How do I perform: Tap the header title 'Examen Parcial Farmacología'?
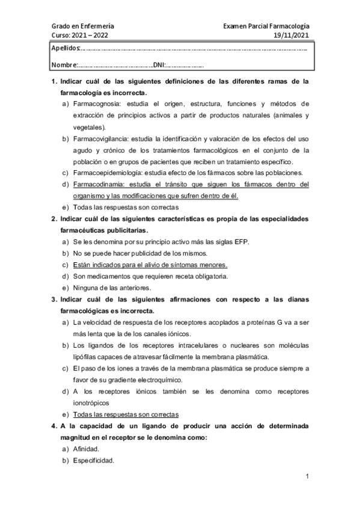tap(266, 26)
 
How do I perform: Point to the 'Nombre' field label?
tap(64, 65)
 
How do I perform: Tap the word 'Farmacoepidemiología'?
tap(107, 173)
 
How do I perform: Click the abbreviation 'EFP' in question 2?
tap(239, 242)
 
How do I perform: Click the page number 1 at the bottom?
tap(307, 478)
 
